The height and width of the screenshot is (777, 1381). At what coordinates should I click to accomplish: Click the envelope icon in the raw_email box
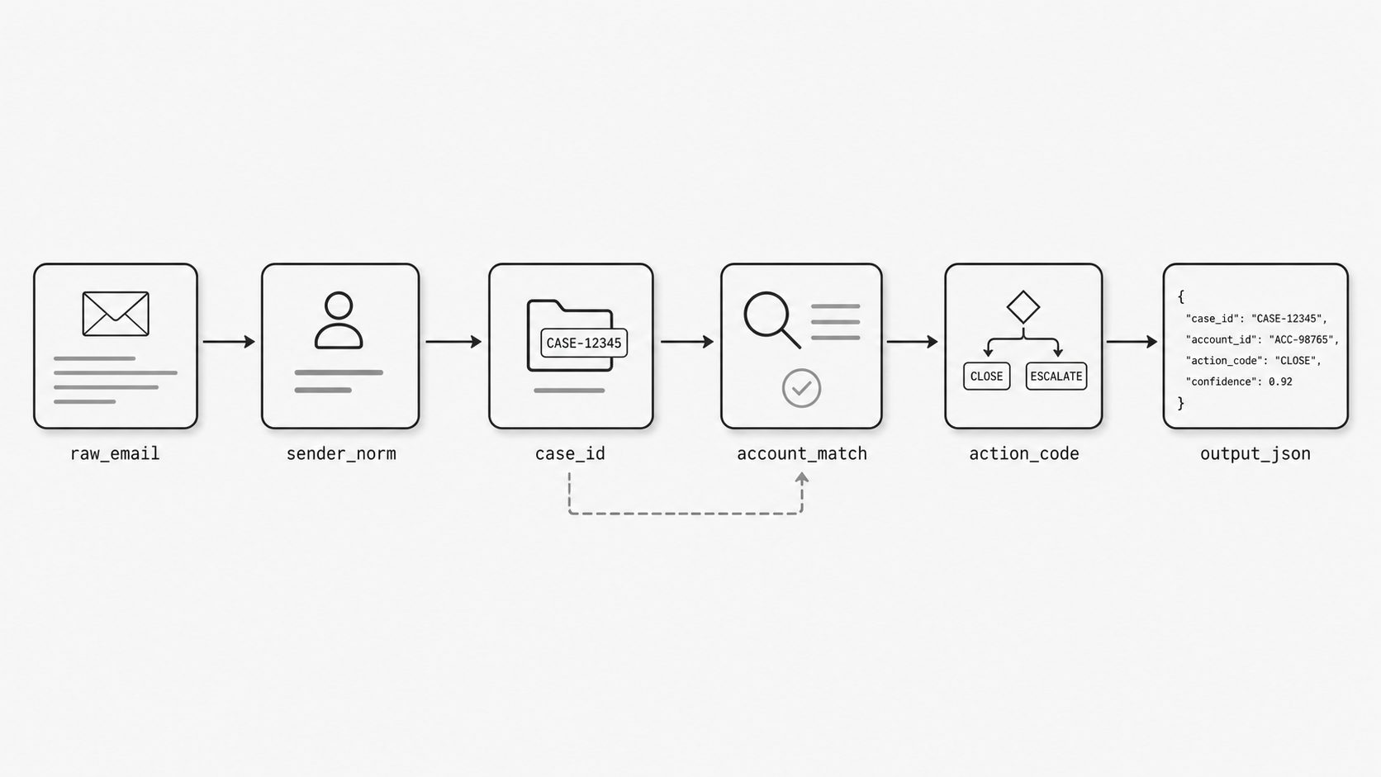coord(116,314)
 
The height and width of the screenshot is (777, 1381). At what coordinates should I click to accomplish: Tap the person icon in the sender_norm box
coord(339,320)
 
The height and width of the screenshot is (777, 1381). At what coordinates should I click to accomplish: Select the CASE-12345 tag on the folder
coord(584,343)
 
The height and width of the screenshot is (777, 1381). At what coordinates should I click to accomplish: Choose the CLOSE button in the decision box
coord(986,377)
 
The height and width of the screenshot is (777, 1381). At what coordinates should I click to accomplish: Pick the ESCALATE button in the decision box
coord(1056,377)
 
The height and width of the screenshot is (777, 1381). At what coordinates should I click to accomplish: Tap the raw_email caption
coord(116,454)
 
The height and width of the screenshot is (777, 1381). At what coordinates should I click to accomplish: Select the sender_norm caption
coord(341,454)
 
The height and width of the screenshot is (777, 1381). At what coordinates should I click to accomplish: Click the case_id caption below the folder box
coord(570,454)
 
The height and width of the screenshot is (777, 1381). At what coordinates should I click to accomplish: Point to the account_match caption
coord(802,454)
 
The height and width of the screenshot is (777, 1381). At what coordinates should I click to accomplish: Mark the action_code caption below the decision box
coord(1024,454)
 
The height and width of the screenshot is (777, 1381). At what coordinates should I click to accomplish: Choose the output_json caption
coord(1255,454)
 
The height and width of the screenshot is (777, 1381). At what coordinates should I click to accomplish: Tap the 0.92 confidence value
coord(1280,381)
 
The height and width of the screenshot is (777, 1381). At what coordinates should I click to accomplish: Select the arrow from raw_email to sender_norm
coord(229,341)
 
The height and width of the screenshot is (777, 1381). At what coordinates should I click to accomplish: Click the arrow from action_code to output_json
coord(1132,341)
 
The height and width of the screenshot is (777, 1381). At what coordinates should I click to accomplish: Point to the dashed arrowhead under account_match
coord(801,478)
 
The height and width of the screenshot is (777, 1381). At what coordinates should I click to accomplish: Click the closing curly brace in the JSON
coord(1180,403)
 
